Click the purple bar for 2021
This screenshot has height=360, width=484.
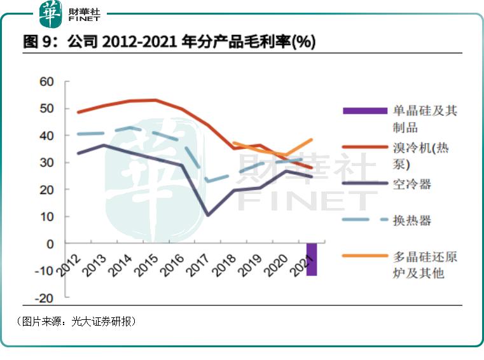pyautogui.click(x=312, y=259)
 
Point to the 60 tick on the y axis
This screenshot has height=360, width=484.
pyautogui.click(x=46, y=81)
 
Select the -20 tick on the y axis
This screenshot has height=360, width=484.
pyautogui.click(x=45, y=298)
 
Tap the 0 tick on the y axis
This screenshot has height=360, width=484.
pyautogui.click(x=51, y=244)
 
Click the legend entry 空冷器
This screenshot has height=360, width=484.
pyautogui.click(x=412, y=184)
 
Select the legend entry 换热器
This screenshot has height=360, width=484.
pyautogui.click(x=412, y=220)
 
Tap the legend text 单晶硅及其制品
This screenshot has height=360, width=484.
pyautogui.click(x=425, y=119)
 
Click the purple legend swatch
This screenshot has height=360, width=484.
pyautogui.click(x=365, y=111)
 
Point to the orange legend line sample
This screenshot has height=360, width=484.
pyautogui.click(x=365, y=256)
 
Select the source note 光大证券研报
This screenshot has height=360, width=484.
pyautogui.click(x=102, y=321)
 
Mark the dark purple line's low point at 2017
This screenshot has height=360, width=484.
pyautogui.click(x=208, y=215)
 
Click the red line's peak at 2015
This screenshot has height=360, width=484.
pyautogui.click(x=156, y=100)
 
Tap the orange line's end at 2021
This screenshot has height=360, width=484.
pyautogui.click(x=312, y=139)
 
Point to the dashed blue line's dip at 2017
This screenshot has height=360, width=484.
pyautogui.click(x=208, y=181)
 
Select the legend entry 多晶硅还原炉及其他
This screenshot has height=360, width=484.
pyautogui.click(x=425, y=265)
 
